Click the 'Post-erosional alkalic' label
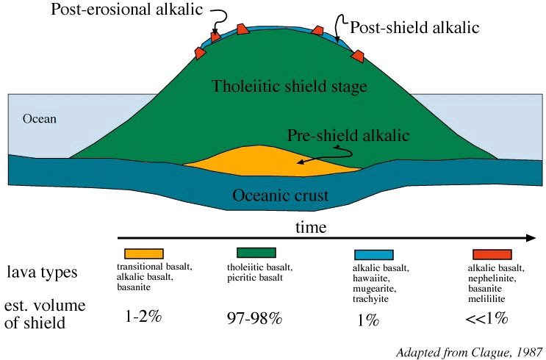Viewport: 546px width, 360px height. [126, 9]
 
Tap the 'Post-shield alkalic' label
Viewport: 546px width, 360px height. [414, 27]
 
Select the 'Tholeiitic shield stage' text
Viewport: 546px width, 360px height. [290, 87]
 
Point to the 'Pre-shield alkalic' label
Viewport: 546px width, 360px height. [348, 135]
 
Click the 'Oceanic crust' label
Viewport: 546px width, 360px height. [280, 195]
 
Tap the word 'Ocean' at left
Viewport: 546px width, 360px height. [40, 119]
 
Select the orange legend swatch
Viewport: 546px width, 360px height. [144, 253]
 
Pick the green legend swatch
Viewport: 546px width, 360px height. [256, 253]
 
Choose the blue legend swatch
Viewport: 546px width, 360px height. [373, 254]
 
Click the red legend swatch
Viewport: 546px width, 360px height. [492, 254]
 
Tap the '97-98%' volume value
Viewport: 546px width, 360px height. [254, 318]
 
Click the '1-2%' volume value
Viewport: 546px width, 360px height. [143, 317]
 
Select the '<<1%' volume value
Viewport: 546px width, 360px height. [486, 318]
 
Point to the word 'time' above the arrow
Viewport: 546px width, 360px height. [311, 227]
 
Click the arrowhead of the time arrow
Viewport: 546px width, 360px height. [531, 238]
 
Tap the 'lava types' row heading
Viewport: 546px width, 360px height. [42, 272]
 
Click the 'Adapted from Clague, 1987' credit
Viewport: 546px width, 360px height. [470, 353]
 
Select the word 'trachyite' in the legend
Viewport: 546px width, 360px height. [370, 299]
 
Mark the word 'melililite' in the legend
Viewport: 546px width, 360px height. [486, 299]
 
